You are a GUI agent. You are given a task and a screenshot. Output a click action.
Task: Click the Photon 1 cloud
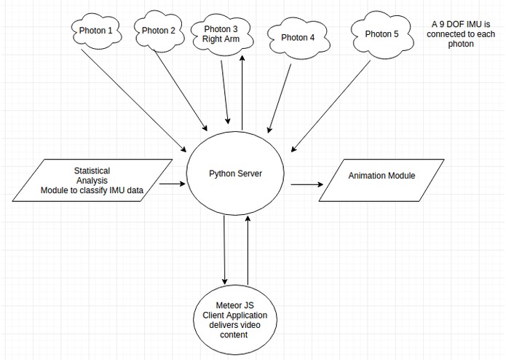pos(97,31)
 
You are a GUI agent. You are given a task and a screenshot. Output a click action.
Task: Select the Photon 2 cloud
pos(159,31)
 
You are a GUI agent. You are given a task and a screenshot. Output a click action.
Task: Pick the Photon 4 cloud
pos(297,37)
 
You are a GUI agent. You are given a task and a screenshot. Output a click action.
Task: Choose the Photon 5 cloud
pos(382,34)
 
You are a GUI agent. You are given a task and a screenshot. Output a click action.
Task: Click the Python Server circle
pos(235,173)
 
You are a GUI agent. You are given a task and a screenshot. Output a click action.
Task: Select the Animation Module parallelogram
pos(382,176)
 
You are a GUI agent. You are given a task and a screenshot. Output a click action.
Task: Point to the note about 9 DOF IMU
pos(462,34)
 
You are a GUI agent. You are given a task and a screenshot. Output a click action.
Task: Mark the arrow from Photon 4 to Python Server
pos(280,95)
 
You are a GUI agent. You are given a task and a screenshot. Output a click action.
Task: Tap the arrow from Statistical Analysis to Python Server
pos(172,184)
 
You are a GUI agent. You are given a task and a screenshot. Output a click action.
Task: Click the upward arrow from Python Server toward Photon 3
pos(242,92)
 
